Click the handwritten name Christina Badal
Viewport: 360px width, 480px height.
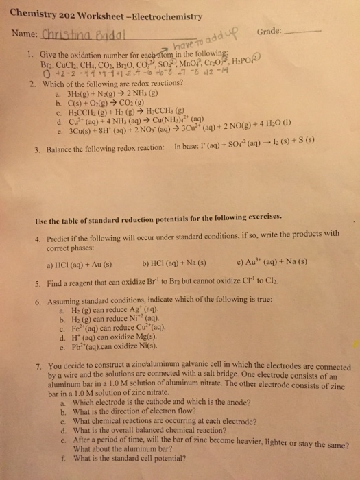75,36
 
